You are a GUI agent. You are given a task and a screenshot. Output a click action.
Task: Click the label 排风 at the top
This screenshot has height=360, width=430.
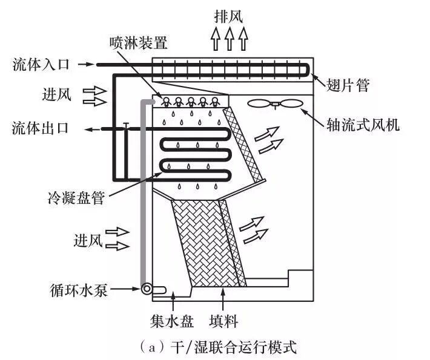click(x=229, y=15)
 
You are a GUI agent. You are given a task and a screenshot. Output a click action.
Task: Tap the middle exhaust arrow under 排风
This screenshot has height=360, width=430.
click(x=229, y=40)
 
